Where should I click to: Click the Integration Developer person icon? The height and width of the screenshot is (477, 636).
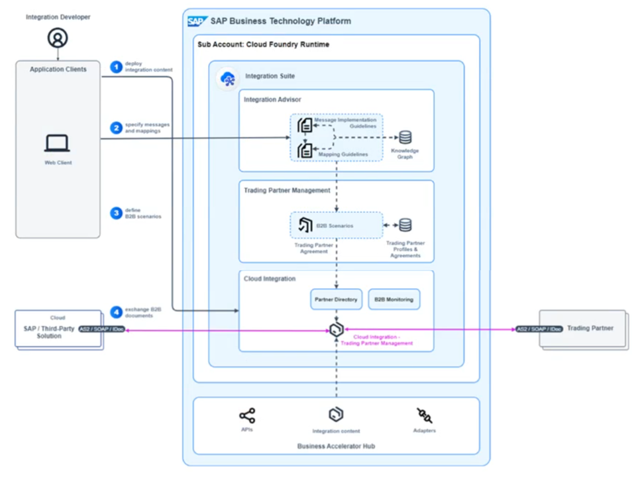click(58, 38)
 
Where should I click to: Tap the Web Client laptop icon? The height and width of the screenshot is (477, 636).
click(58, 143)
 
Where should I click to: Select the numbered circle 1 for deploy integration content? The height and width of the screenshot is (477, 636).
click(117, 66)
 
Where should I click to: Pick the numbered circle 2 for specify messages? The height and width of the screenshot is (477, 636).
click(117, 128)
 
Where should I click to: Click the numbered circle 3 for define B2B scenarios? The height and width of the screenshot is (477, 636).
click(117, 213)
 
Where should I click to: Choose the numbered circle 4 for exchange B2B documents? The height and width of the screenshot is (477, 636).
click(117, 312)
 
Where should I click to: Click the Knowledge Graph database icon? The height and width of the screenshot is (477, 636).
click(405, 137)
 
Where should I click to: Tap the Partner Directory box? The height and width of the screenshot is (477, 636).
click(335, 299)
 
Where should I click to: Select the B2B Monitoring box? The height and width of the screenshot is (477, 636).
click(394, 299)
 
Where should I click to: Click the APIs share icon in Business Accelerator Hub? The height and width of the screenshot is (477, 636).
click(247, 416)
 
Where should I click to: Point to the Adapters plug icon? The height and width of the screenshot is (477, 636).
click(424, 416)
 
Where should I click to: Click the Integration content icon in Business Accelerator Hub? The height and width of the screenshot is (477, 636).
click(336, 415)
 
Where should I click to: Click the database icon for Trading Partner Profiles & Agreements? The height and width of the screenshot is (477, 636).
click(405, 225)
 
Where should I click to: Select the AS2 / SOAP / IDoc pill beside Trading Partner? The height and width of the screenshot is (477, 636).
click(539, 329)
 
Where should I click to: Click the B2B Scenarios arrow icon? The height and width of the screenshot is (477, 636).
click(305, 225)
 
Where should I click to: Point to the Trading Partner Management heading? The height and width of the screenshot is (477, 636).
click(287, 191)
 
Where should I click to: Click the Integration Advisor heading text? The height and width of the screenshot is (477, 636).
click(272, 99)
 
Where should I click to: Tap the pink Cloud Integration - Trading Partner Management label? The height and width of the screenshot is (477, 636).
click(376, 340)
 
